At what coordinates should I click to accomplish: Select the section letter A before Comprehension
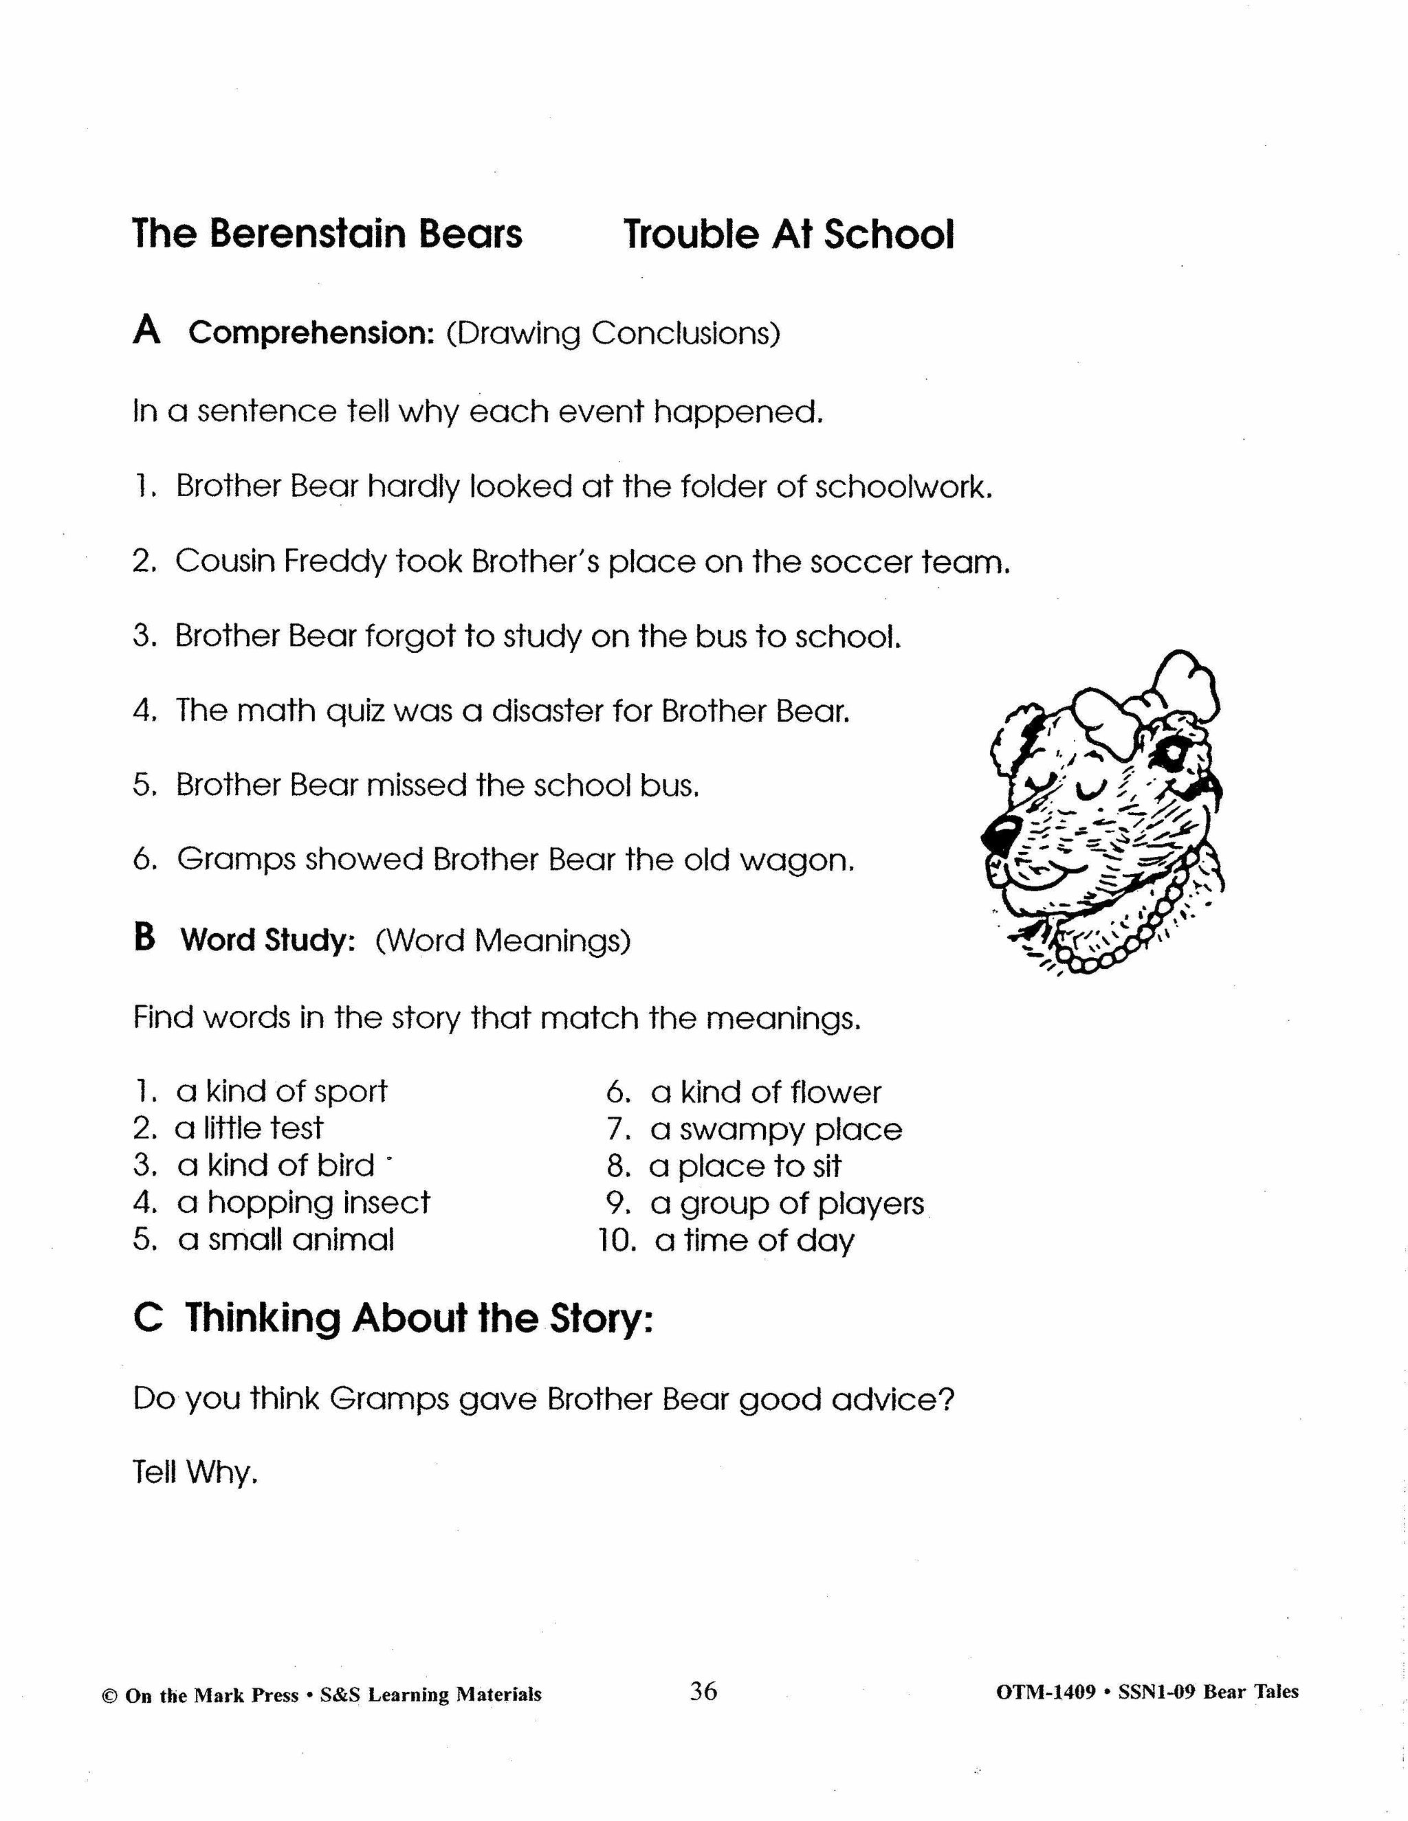click(x=146, y=331)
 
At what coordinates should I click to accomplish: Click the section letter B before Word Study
click(x=144, y=938)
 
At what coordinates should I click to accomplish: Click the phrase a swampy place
click(x=775, y=1129)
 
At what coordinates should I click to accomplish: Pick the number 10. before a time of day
click(x=617, y=1240)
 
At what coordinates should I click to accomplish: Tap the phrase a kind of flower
click(x=765, y=1093)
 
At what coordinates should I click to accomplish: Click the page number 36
click(x=703, y=1691)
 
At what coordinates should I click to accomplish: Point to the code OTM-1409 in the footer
click(x=1044, y=1692)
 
